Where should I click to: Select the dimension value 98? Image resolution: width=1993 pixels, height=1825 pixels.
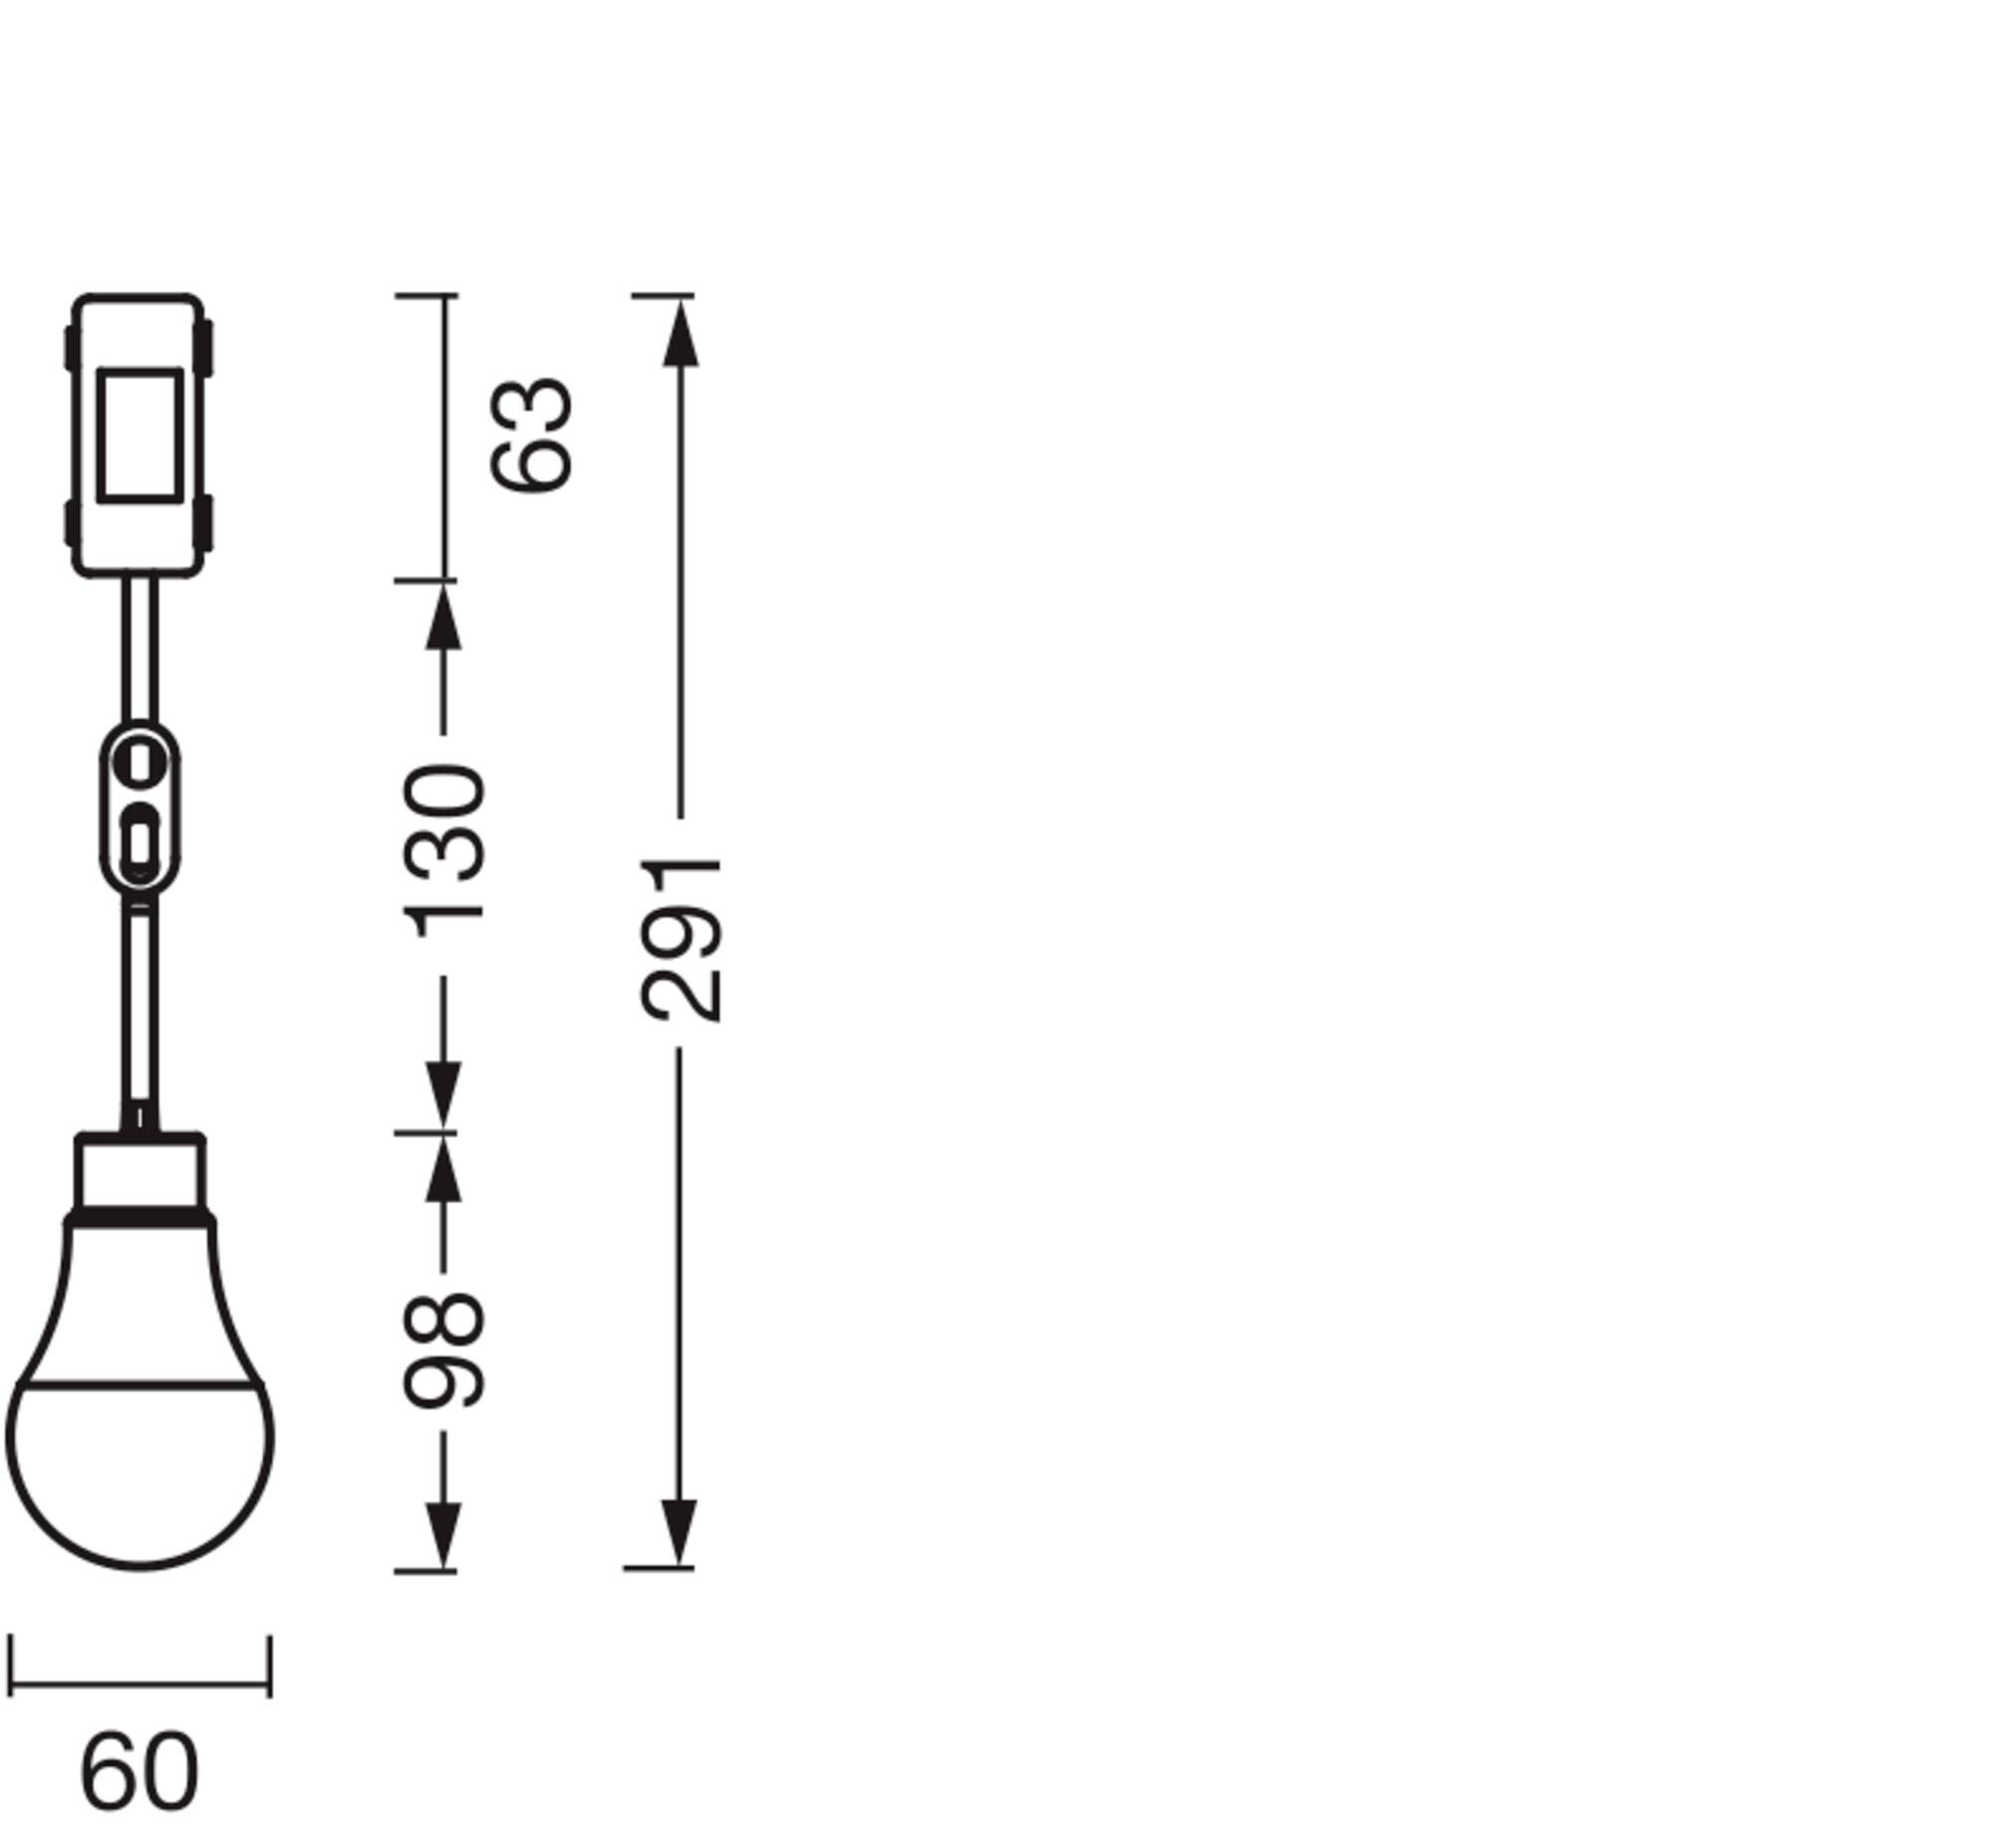(445, 1351)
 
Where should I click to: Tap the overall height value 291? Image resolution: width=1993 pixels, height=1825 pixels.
(683, 939)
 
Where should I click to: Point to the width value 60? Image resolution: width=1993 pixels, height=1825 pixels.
(140, 1772)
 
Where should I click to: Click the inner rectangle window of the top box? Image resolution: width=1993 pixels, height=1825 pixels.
(140, 435)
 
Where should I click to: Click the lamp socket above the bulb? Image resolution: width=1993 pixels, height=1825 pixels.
(141, 1175)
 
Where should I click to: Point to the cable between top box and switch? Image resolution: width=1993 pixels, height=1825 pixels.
(140, 648)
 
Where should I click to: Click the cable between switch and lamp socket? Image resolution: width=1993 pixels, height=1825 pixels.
(140, 1007)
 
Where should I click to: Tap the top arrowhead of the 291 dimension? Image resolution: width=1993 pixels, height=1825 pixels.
(681, 334)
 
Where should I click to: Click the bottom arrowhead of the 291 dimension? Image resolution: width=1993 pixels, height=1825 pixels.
(681, 1532)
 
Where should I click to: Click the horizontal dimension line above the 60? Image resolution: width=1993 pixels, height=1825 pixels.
(140, 1685)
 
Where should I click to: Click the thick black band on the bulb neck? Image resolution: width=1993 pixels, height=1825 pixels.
(140, 1218)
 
